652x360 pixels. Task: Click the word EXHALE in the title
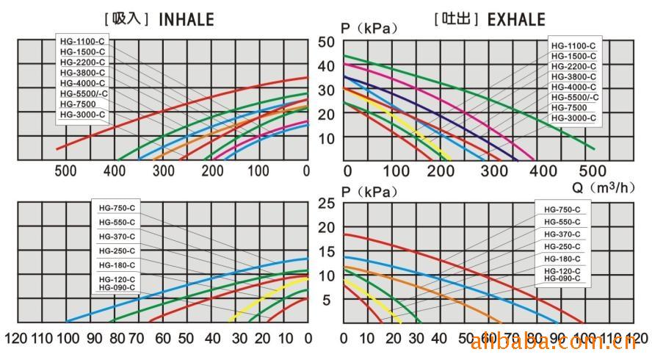516,19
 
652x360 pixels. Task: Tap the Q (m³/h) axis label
604,187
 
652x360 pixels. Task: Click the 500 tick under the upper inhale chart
65,171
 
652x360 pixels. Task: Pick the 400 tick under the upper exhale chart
543,171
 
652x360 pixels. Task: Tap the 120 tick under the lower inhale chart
17,339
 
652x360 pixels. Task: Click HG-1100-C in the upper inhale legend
82,43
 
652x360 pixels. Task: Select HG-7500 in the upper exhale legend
569,107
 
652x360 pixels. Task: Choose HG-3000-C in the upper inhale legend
82,115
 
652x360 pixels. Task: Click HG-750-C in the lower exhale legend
562,209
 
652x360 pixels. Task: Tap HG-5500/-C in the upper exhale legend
575,97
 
